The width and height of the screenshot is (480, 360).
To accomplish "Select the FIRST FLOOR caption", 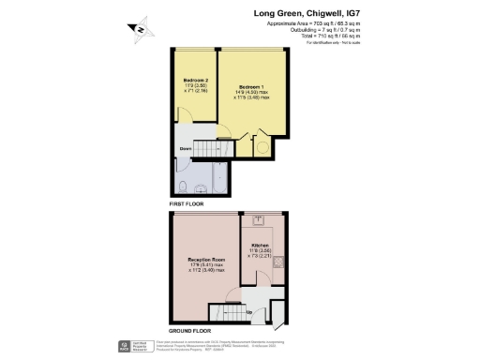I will [187, 202].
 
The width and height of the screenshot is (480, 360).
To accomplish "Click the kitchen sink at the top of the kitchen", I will [258, 222].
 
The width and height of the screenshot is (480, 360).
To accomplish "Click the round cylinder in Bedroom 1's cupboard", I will [263, 146].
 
